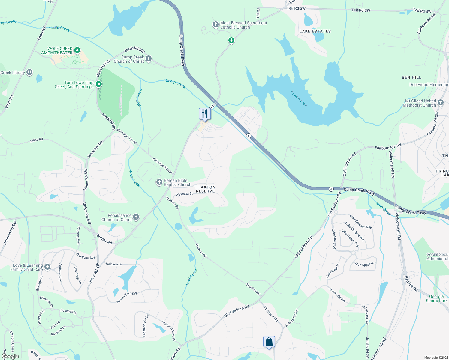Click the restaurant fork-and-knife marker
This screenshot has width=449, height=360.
pos(205,114)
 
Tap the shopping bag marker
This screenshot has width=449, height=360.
pos(269,342)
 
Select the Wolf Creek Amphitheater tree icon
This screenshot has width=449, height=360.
pos(77,50)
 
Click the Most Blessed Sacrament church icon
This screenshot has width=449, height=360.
pos(215,25)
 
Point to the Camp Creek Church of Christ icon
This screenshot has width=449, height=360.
pos(149,58)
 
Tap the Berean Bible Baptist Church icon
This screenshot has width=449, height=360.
pos(159,182)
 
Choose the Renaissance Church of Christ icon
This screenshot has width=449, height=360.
pos(136,217)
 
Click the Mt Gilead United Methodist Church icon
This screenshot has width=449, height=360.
pos(440,103)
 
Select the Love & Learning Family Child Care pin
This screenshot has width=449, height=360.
pos(47,267)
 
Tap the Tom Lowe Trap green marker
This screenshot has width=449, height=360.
pos(98,84)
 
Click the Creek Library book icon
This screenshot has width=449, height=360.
pos(29,72)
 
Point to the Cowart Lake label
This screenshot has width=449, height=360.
pos(299,99)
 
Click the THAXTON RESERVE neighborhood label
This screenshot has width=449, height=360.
pos(205,189)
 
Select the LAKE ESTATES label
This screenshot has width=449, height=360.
pos(315,31)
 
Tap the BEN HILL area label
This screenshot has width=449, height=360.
pos(411,77)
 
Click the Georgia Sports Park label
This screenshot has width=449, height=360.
pos(436,298)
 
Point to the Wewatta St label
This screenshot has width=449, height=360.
pos(184,194)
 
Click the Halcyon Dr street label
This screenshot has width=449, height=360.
pos(114,264)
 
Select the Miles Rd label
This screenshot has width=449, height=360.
pos(36,140)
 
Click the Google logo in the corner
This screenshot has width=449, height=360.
pos(10,356)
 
